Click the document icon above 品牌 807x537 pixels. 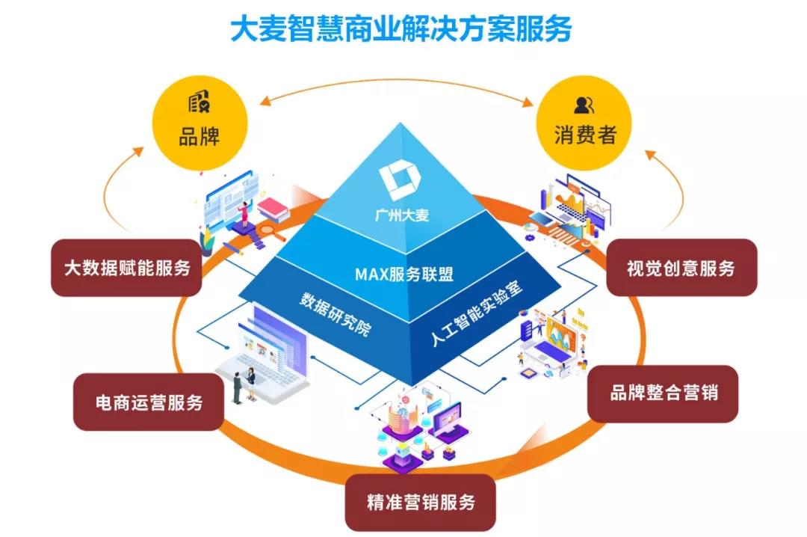coord(199,102)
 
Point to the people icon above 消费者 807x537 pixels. coord(585,104)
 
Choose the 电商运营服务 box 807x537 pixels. coord(149,402)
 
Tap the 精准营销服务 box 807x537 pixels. coord(421,502)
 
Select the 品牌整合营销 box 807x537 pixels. coord(664,393)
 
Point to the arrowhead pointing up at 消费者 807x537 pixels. coord(649,154)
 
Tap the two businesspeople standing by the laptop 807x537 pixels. coord(244,384)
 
